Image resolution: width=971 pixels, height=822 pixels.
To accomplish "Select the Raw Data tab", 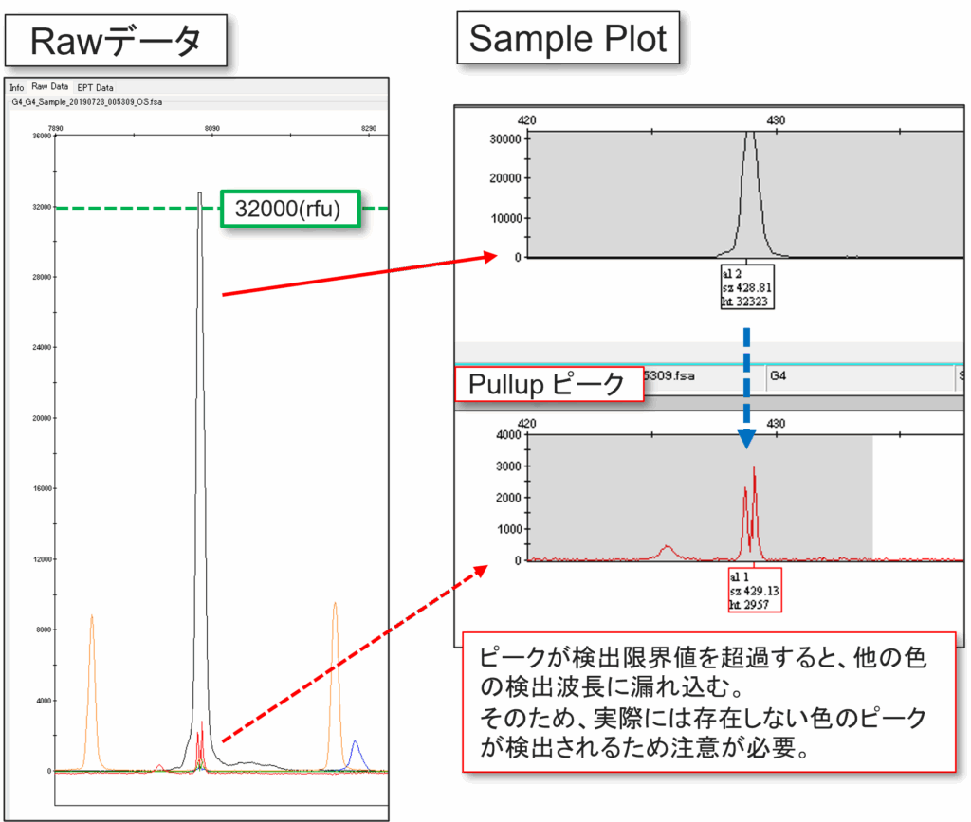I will (50, 87).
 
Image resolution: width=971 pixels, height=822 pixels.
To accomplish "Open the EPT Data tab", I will (95, 87).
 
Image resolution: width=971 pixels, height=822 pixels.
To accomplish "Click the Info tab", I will (17, 87).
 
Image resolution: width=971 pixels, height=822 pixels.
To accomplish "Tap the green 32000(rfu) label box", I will (290, 208).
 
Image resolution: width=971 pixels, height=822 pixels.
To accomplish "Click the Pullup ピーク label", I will (549, 384).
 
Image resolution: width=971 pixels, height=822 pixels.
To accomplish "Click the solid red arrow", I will (360, 275).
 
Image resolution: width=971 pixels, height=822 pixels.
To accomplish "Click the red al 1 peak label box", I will (755, 590).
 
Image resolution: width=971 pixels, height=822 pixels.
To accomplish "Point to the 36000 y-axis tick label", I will (40, 136).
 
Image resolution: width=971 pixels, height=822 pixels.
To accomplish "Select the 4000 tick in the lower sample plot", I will (507, 435).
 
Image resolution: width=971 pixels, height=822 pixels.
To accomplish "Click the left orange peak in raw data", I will (92, 683).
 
